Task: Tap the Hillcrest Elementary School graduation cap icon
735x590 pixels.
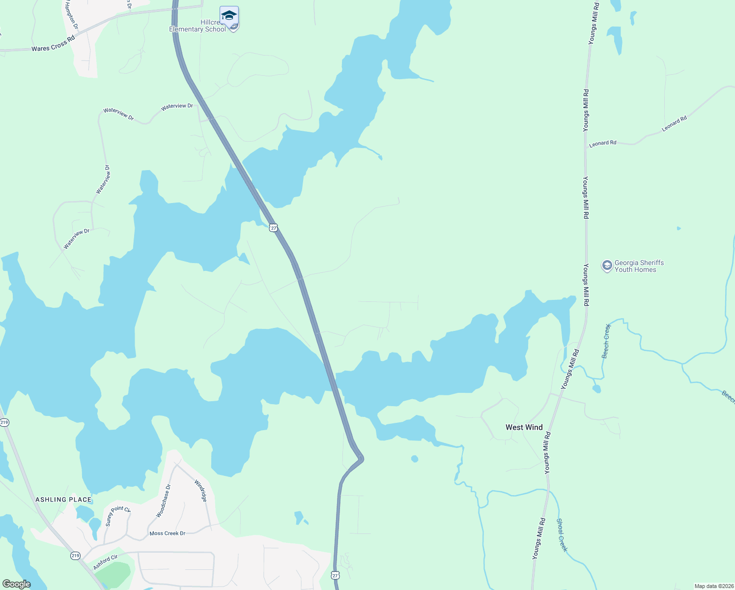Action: (x=229, y=16)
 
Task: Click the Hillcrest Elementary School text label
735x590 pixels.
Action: (x=198, y=26)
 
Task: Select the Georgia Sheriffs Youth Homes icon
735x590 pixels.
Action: (x=607, y=266)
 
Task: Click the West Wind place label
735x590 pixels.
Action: (x=524, y=427)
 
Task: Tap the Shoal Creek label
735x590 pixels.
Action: (x=562, y=535)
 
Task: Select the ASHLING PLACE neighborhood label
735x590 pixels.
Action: (x=63, y=500)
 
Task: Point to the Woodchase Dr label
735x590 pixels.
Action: (x=164, y=501)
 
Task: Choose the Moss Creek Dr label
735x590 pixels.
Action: (x=167, y=533)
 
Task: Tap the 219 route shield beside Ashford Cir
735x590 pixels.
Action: (x=75, y=556)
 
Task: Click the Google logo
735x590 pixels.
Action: (x=16, y=584)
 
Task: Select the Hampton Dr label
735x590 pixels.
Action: (x=72, y=14)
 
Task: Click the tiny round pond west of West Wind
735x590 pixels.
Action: (x=415, y=459)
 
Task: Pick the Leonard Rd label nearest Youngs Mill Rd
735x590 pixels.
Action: (x=602, y=144)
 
